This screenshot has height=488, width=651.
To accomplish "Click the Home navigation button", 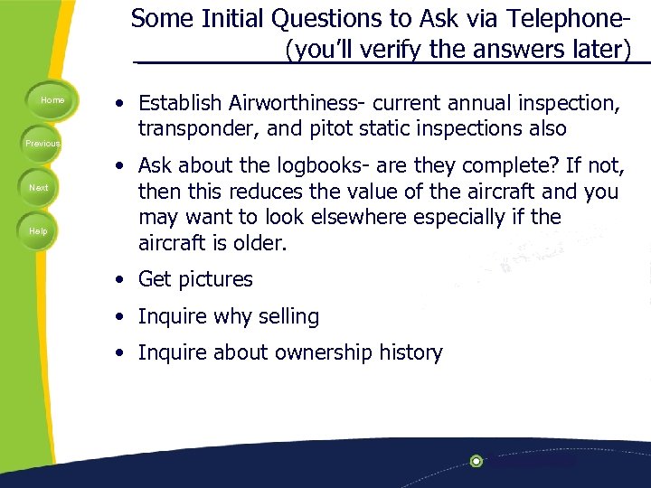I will (52, 100).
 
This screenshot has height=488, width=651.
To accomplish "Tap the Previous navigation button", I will (42, 144).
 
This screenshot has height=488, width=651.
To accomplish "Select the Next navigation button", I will (39, 188).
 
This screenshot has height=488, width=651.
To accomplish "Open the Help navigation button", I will (38, 231).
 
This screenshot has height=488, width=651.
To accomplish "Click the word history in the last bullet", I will (410, 353).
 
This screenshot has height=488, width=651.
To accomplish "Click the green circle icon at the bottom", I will (476, 461).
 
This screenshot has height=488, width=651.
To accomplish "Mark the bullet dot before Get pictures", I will (120, 280).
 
